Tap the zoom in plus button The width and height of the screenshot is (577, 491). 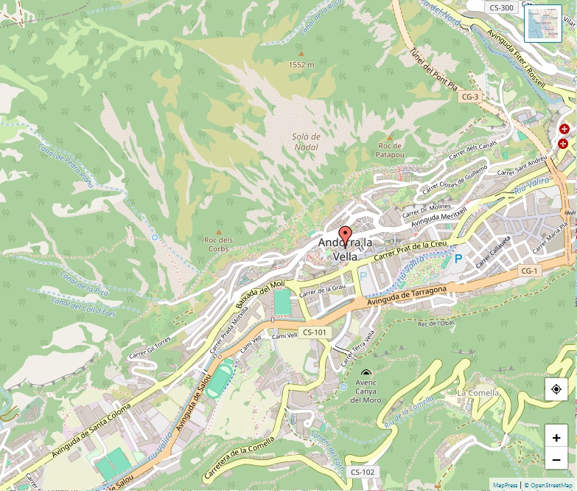pos(556,437)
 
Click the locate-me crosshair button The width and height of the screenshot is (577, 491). pos(556,389)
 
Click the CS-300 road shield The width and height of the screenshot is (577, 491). pos(501,7)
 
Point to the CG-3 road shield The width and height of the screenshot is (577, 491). pos(469,97)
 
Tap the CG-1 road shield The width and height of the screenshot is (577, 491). pos(529,271)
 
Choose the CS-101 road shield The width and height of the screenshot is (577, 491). pos(315,332)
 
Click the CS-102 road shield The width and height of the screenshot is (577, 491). pos(363,472)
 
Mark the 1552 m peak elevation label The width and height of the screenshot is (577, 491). pos(301,64)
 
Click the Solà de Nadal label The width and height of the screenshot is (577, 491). pos(306,142)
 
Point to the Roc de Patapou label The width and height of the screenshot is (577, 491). pos(390,150)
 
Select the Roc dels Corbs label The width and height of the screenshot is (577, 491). pos(218,244)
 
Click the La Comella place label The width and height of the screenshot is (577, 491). pos(478,393)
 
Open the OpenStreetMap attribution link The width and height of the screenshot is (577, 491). pos(550,485)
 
